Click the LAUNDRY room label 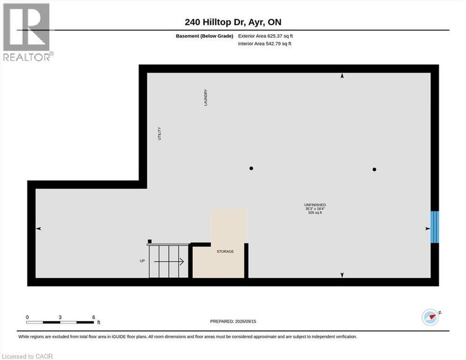click(x=206, y=97)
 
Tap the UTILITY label click(x=159, y=133)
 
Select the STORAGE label click(x=225, y=251)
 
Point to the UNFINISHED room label click(x=315, y=205)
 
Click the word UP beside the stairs click(x=142, y=261)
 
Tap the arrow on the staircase click(x=168, y=262)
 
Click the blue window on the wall click(x=435, y=227)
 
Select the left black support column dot click(x=251, y=168)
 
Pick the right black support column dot click(x=374, y=170)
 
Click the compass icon click(x=430, y=317)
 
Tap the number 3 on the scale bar click(x=60, y=317)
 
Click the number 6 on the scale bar click(x=94, y=317)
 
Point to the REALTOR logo click(x=27, y=32)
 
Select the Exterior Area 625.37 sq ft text click(x=266, y=36)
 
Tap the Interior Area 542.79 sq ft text click(x=265, y=43)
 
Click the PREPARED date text click(x=233, y=321)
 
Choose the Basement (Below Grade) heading click(x=205, y=36)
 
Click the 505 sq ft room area click(x=315, y=213)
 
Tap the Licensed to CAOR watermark click(x=27, y=356)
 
